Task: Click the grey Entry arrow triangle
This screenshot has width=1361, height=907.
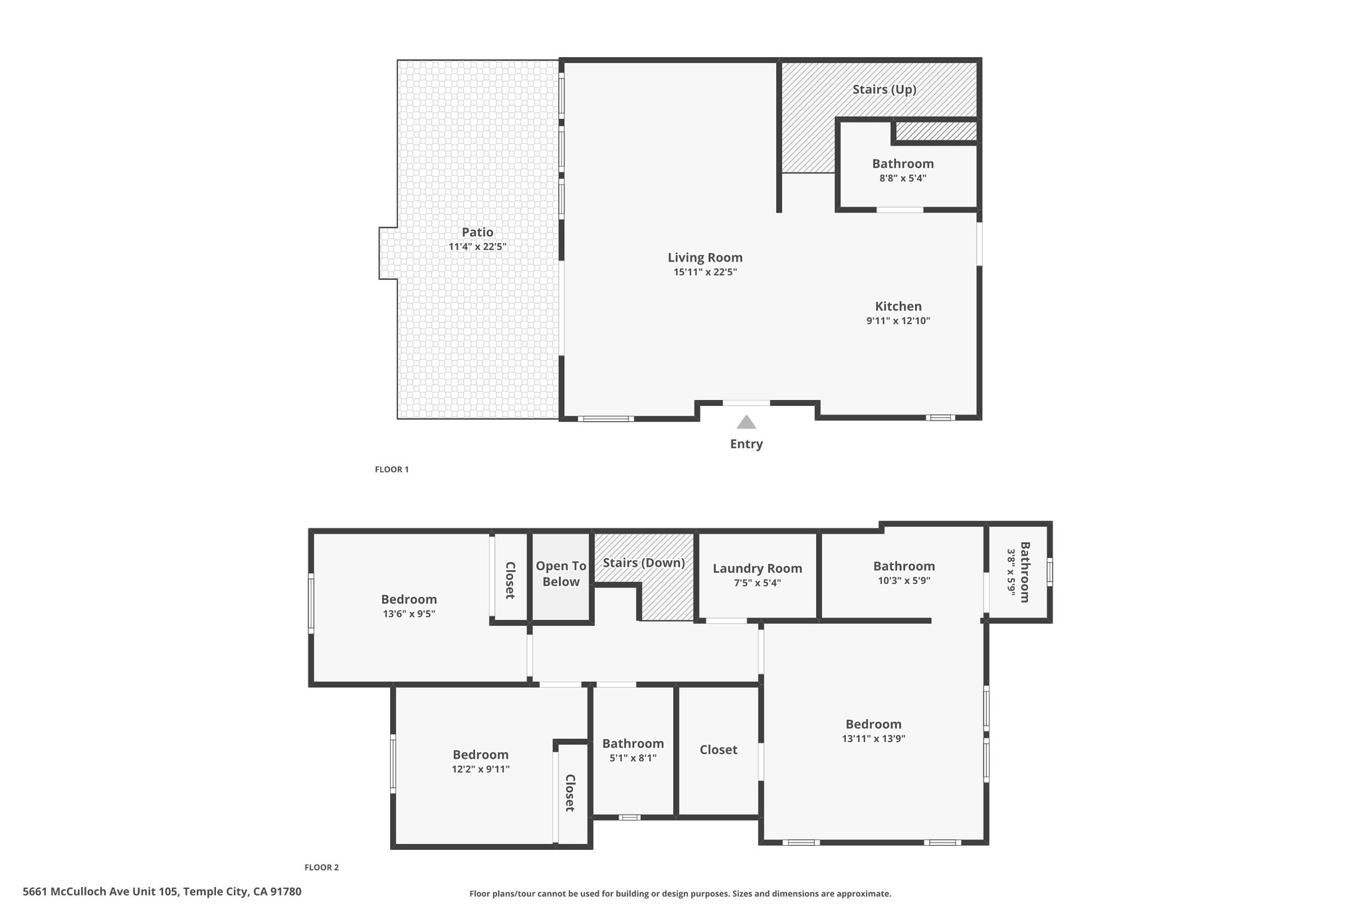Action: pos(746,423)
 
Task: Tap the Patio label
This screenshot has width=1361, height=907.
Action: pos(478,232)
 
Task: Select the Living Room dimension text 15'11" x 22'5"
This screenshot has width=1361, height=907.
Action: pos(705,272)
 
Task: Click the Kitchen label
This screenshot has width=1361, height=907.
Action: pos(898,306)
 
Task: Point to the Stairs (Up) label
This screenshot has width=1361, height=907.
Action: pos(885,89)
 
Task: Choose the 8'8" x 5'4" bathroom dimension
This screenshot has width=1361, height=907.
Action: pos(902,178)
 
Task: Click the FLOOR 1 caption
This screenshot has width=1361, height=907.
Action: pos(391,469)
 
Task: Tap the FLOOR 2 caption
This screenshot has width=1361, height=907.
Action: pos(322,867)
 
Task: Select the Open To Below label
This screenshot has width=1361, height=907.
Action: pos(561,573)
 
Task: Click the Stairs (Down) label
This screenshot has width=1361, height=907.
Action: pos(644,563)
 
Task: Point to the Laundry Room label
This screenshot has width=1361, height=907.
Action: pos(758,568)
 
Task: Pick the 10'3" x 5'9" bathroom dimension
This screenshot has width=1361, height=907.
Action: pos(904,580)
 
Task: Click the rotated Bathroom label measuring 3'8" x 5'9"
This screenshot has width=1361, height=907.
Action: pos(1025,572)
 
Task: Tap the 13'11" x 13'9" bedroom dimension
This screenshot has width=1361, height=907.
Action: pos(873,738)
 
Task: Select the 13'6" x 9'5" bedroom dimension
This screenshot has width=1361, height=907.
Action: pos(409,614)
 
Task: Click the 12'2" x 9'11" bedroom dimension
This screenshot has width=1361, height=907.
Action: pos(480,769)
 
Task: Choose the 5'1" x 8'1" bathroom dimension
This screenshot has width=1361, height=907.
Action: pos(633,758)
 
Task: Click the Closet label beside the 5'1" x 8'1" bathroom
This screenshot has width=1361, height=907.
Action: pos(718,750)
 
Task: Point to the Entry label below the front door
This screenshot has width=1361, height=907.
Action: pos(746,444)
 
